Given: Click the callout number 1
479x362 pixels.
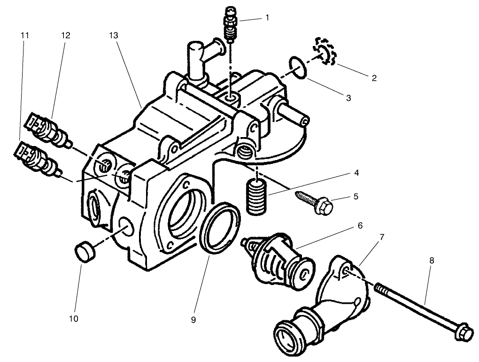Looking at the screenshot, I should click(267, 17).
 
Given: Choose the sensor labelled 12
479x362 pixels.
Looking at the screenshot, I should click(47, 128).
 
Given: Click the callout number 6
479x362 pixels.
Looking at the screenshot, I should click(360, 226).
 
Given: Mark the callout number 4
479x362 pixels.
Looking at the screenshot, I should click(357, 172).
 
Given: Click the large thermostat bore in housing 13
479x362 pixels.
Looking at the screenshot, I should click(184, 212).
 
